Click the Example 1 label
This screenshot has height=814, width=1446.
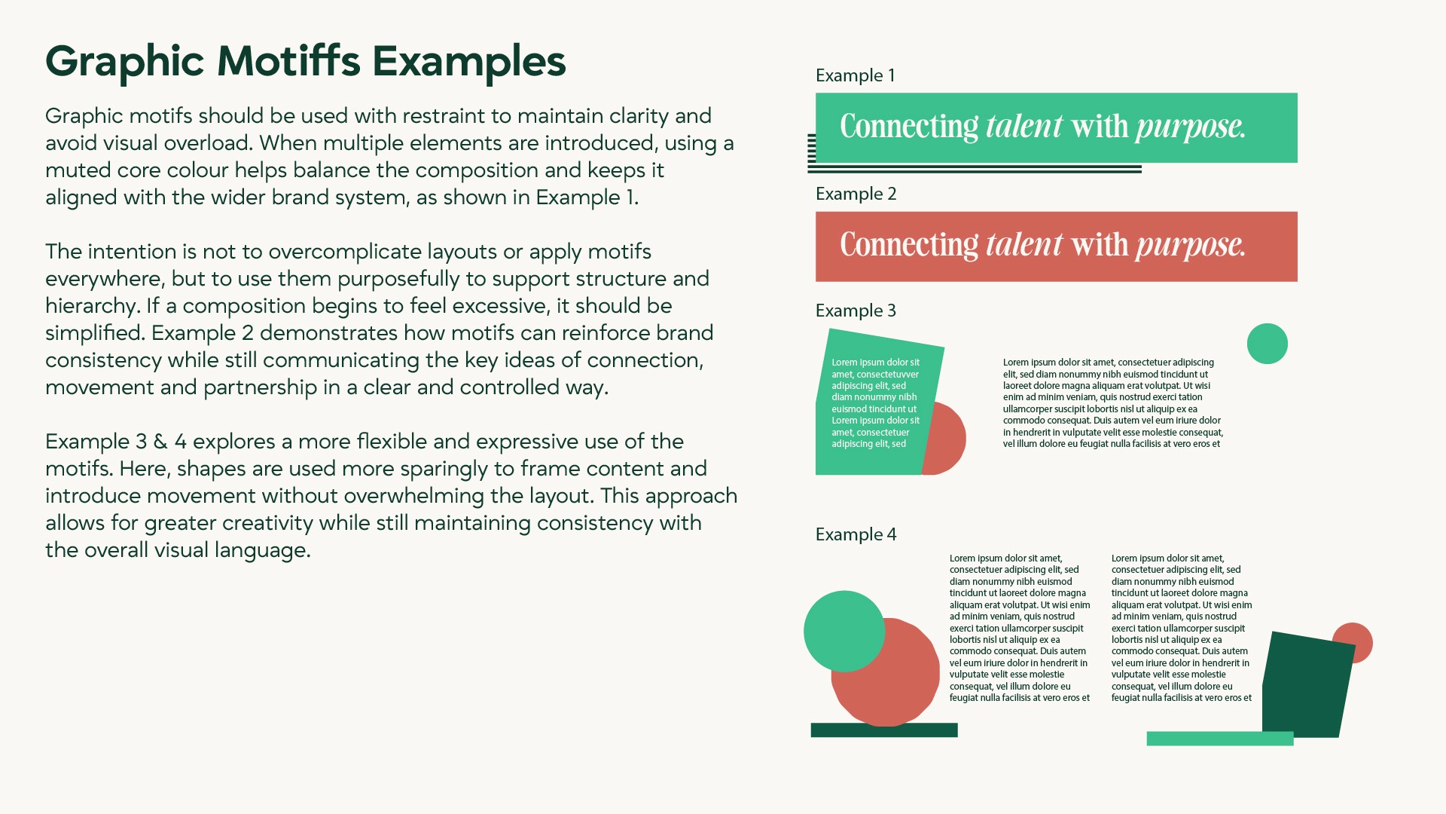pos(855,75)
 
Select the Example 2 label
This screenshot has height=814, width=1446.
pos(856,194)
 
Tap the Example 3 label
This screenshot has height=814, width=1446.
pos(856,311)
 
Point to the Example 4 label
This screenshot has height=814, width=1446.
pos(856,534)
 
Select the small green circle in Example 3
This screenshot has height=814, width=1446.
pos(1267,344)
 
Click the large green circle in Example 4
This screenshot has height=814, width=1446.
pos(843,630)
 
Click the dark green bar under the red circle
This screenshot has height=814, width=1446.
pos(883,730)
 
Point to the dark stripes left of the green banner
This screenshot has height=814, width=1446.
pos(811,148)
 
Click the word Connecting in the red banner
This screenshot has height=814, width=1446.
pos(908,246)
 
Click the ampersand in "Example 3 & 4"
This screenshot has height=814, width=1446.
pos(160,442)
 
